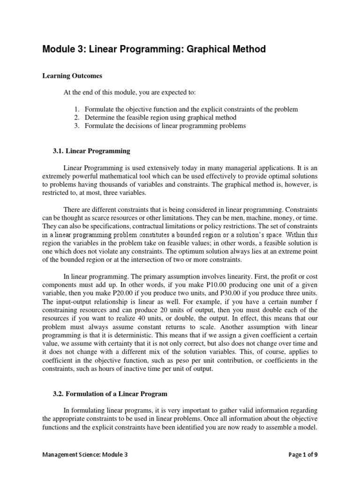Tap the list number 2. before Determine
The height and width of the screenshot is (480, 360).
pyautogui.click(x=78, y=118)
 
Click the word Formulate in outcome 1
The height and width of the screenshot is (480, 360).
pyautogui.click(x=99, y=109)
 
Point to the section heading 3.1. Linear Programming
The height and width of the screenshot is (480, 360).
pyautogui.click(x=91, y=151)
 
